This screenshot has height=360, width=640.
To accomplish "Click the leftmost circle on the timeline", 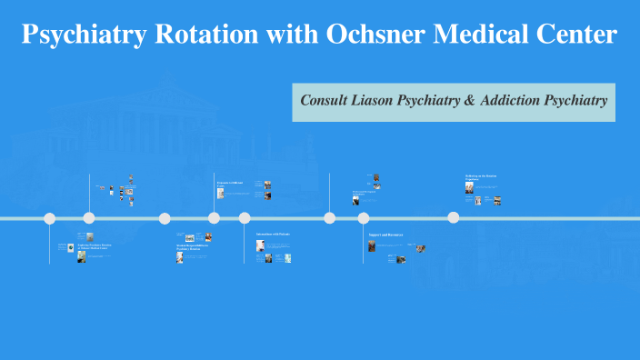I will click(50, 218).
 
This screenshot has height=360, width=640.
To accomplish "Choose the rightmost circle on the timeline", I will click(454, 218).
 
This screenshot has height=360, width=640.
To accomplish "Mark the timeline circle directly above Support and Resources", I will click(364, 218).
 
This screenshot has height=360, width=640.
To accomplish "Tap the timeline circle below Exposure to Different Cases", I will click(215, 218).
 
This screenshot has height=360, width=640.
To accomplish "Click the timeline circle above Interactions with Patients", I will click(245, 218).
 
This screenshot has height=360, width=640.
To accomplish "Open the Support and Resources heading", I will click(385, 235).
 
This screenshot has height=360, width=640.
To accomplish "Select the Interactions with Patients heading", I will click(272, 235).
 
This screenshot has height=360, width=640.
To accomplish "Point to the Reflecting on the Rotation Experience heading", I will click(482, 177).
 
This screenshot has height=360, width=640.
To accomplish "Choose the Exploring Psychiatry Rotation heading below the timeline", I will click(95, 246).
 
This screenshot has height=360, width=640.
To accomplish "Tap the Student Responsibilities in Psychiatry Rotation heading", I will click(194, 246).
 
